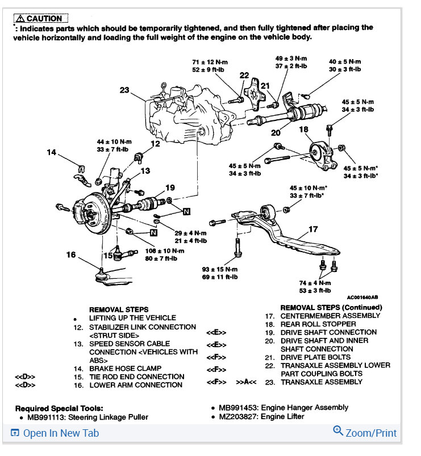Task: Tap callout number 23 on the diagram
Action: click(125, 89)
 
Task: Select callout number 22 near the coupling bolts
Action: click(244, 75)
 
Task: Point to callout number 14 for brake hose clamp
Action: click(51, 152)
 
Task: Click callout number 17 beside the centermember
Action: click(313, 229)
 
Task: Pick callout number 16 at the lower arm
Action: click(70, 255)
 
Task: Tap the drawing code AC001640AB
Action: click(361, 297)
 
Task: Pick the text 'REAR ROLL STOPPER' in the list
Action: click(319, 324)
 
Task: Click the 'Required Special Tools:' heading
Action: click(59, 408)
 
